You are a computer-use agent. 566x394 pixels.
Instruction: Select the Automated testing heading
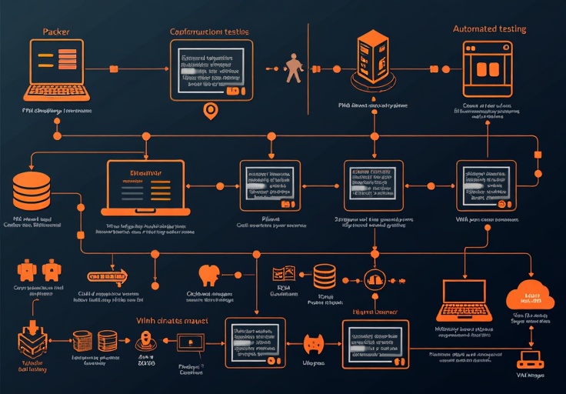489,28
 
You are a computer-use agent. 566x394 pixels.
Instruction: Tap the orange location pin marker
208,111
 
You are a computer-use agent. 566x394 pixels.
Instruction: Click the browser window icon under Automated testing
488,68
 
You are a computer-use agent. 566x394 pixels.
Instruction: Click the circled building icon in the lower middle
374,280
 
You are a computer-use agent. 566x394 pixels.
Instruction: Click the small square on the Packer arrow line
113,68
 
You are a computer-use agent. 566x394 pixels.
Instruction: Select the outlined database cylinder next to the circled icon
325,276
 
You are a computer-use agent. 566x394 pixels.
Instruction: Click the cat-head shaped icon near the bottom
313,342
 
